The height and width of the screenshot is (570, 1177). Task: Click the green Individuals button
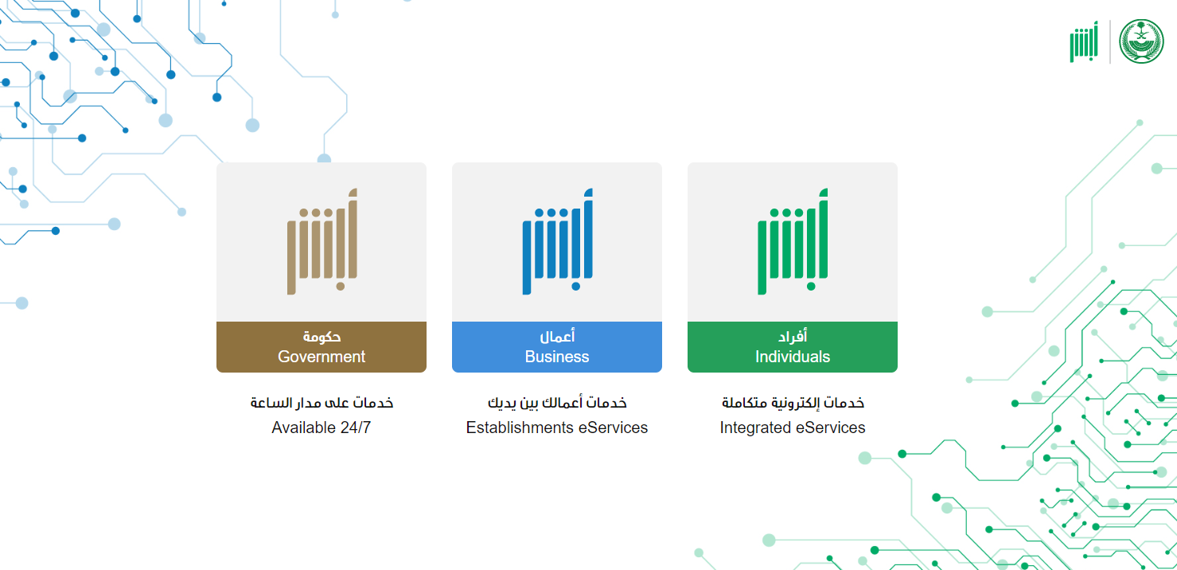click(x=793, y=347)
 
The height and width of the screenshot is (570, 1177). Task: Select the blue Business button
click(x=557, y=347)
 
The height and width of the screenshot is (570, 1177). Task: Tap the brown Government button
click(x=322, y=347)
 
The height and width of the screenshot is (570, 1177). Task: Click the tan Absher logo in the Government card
click(x=322, y=241)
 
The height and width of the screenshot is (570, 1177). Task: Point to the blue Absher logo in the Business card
click(x=558, y=241)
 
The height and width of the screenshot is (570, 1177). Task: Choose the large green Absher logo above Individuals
click(x=793, y=241)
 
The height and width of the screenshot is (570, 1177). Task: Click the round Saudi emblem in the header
click(x=1141, y=41)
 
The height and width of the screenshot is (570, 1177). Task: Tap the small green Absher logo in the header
click(x=1084, y=41)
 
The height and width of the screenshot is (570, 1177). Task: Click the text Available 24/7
click(x=321, y=427)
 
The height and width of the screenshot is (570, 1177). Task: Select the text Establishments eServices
click(x=557, y=427)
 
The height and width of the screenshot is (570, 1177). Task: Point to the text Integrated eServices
click(x=793, y=427)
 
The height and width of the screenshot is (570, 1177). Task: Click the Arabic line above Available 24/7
click(x=322, y=403)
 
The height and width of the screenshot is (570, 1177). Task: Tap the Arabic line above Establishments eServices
click(x=557, y=403)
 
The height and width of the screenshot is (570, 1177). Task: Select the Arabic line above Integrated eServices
click(x=793, y=403)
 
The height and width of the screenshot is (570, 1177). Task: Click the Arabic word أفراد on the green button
click(x=793, y=336)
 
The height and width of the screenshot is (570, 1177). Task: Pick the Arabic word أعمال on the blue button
click(x=557, y=336)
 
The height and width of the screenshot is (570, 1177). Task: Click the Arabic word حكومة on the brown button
click(x=322, y=337)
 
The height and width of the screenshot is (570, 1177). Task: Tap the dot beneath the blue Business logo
click(x=576, y=287)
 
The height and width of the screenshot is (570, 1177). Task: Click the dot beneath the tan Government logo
click(x=341, y=287)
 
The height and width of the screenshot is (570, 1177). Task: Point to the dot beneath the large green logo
click(x=811, y=287)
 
